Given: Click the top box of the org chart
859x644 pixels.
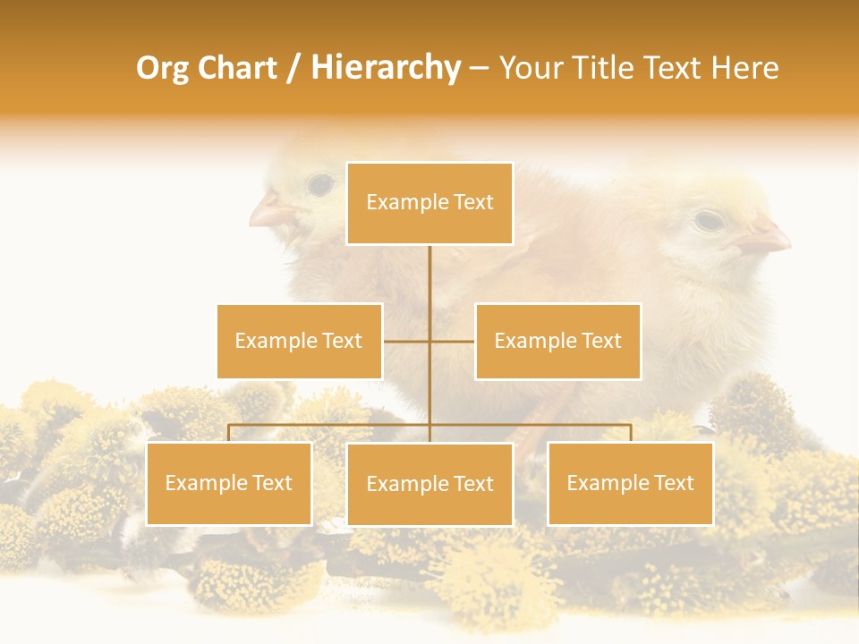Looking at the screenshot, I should (x=429, y=203).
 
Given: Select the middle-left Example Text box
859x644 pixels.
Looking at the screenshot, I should (x=299, y=341).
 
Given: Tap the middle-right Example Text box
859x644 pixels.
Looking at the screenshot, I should (x=557, y=341).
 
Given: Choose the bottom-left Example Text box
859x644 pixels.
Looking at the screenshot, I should (x=229, y=483).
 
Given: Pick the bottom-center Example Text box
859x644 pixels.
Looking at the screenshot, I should (x=429, y=484).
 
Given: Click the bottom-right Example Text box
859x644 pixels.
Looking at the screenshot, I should (x=630, y=483).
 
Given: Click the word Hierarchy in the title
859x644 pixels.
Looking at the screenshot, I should (x=386, y=68).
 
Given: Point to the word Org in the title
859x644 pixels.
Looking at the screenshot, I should (x=161, y=68).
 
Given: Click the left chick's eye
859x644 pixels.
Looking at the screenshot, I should (x=319, y=185).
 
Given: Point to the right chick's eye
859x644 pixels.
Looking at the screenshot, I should (x=708, y=219).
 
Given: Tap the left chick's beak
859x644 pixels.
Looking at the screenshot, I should (x=267, y=214).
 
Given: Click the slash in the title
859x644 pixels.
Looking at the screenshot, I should (x=293, y=68).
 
